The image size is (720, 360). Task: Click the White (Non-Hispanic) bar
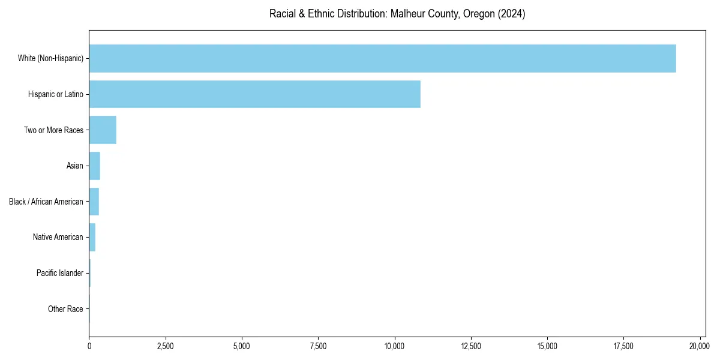point(382,58)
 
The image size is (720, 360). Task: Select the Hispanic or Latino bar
point(254,94)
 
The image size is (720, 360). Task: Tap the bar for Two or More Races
point(103,130)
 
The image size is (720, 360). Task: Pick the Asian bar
point(94,166)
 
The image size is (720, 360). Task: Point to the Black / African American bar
point(94,202)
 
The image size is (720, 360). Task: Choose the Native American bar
point(92,237)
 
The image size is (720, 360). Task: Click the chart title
point(397,14)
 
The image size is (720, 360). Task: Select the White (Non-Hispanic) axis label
point(50,58)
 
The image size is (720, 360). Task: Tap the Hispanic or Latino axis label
point(56,94)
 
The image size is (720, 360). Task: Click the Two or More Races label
point(53,130)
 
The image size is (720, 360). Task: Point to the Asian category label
point(74,166)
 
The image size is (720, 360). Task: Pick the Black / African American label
point(46,202)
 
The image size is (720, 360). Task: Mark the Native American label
point(58,237)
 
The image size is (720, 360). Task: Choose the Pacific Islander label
point(60,273)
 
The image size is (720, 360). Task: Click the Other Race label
point(65,309)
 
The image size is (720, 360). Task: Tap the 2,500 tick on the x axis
point(165,346)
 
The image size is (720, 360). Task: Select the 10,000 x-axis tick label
point(394,346)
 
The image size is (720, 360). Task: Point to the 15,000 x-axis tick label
point(547,346)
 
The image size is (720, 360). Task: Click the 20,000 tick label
point(700,346)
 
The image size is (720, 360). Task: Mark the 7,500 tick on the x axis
point(318,346)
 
